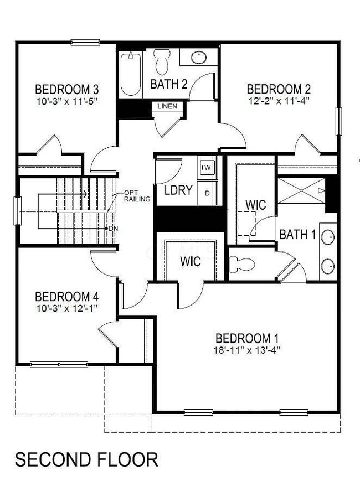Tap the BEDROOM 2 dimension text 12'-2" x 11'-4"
[x=278, y=101]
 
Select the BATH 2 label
[x=168, y=85]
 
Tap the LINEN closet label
[x=167, y=106]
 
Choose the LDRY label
[x=178, y=190]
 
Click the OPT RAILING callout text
[x=137, y=195]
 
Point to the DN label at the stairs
[x=113, y=228]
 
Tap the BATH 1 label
[x=297, y=235]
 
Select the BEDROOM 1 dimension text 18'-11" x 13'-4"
[x=246, y=350]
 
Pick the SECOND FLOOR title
[x=86, y=459]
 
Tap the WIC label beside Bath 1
[x=255, y=205]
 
